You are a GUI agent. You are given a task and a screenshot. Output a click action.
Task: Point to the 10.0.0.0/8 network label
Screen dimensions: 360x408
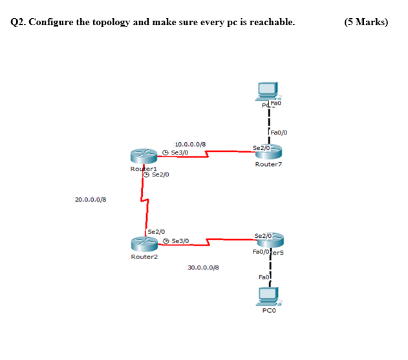click(x=190, y=143)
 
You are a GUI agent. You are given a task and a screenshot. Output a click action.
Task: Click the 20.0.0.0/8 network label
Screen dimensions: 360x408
click(x=91, y=200)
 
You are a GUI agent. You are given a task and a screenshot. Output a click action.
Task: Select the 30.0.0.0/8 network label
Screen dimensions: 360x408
click(x=203, y=267)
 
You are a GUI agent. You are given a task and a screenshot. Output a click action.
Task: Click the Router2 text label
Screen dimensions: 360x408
click(x=144, y=257)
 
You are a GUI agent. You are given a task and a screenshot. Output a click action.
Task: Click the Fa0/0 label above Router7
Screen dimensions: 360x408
click(x=279, y=132)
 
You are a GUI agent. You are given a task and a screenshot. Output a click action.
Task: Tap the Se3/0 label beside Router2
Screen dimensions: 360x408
click(x=180, y=240)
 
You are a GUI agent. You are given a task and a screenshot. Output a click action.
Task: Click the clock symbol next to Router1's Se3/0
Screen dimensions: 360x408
click(x=166, y=152)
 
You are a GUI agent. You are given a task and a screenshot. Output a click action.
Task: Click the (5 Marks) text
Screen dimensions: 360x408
click(x=367, y=22)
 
